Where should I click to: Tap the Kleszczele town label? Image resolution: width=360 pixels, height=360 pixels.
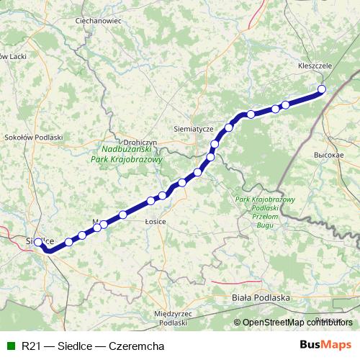tap(315, 66)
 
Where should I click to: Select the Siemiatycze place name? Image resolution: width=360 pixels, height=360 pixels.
tap(194, 128)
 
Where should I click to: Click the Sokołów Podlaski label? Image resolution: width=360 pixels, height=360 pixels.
tap(34, 136)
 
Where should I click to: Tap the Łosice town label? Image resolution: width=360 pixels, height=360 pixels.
tap(155, 222)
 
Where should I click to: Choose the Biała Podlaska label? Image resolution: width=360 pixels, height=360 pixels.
tap(261, 297)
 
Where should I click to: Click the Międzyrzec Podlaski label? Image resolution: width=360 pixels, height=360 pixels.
tap(171, 319)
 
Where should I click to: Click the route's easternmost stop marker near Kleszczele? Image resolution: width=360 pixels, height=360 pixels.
tap(322, 89)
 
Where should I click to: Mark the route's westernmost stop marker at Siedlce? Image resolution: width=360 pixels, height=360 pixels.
tap(39, 243)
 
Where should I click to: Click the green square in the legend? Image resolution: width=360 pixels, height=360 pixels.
tap(9, 345)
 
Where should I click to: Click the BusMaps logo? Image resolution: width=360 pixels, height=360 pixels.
tap(325, 345)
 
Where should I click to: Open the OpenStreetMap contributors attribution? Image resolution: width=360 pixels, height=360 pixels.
tap(297, 323)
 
